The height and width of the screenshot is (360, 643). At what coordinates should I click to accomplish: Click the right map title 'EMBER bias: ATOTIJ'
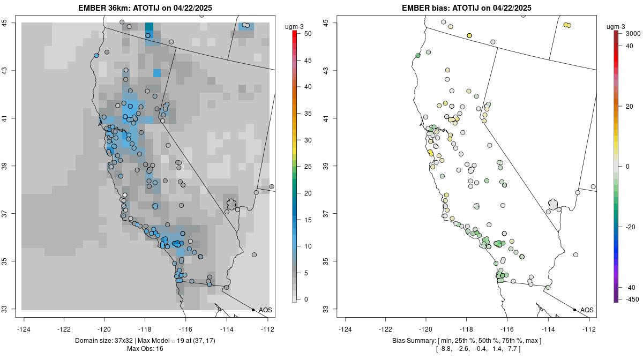pos(466,8)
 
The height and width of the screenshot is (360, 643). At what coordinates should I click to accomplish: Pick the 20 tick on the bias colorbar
pos(630,107)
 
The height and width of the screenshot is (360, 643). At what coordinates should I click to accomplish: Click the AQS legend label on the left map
pos(265,310)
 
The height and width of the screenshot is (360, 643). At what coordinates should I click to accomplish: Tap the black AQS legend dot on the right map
pos(574,310)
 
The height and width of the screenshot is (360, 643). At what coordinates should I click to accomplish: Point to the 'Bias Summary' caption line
pos(466,341)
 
